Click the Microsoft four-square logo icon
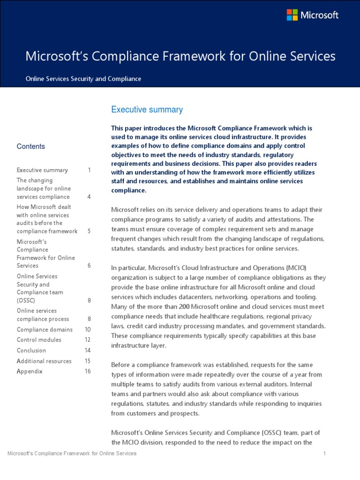292,15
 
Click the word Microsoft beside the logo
319,15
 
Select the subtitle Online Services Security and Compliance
83,79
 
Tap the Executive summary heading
147,110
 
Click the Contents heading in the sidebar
31,146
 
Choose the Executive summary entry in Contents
42,170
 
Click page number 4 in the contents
89,197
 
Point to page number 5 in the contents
89,231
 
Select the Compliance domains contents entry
45,330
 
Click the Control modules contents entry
39,340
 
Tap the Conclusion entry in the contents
31,350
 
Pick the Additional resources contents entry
44,361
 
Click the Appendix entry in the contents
30,371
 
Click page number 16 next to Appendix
88,371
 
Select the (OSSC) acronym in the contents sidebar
26,300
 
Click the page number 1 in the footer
324,453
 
